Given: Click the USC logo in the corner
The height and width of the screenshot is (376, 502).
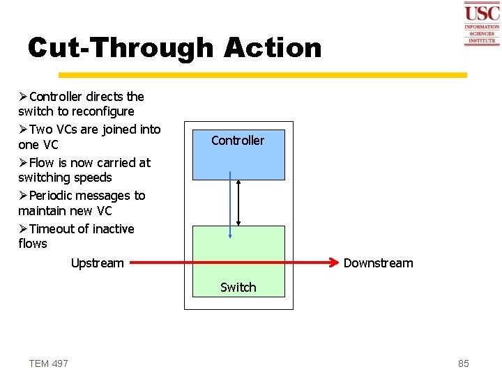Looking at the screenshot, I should click(482, 24).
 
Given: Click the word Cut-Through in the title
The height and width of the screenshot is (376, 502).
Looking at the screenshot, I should click(120, 48).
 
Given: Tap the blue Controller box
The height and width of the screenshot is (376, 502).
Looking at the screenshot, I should click(238, 152).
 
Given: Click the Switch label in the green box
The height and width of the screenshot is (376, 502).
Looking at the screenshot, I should click(238, 287).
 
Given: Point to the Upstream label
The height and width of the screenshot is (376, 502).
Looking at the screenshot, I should click(97, 263).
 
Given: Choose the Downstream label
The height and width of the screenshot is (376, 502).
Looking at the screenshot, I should click(378, 263).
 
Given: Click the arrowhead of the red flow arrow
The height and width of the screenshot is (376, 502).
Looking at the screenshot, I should click(333, 263).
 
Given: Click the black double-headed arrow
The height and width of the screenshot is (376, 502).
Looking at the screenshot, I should click(238, 203).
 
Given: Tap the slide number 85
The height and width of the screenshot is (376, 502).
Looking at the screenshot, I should click(464, 363).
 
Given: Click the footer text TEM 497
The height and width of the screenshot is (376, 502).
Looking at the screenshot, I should click(49, 363).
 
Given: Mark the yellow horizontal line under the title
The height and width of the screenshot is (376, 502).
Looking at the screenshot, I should click(262, 75).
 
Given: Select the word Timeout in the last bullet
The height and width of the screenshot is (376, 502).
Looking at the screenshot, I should click(52, 229).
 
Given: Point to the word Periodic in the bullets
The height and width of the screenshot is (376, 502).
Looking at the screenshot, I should click(54, 196).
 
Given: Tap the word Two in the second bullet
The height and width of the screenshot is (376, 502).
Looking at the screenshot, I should click(41, 130).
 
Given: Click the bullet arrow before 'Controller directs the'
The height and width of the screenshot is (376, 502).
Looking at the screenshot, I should click(23, 97).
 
